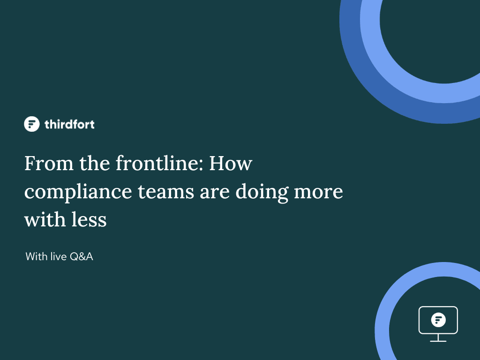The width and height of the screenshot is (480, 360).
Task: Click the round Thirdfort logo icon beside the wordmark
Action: [32, 124]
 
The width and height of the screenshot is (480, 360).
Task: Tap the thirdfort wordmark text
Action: [69, 124]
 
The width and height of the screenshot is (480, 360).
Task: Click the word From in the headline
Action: [49, 163]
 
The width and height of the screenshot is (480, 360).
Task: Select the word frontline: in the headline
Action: [159, 163]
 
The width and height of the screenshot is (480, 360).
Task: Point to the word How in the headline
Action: [231, 163]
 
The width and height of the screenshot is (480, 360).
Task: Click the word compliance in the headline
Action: [78, 192]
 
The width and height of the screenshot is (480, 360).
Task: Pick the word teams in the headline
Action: [166, 192]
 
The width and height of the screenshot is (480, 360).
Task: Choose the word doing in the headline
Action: [262, 192]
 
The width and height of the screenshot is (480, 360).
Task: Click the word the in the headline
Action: [95, 163]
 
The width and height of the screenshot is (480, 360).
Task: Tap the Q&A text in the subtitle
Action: [82, 256]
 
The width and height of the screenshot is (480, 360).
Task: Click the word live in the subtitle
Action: [59, 256]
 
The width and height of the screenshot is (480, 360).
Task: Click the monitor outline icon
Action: [438, 307]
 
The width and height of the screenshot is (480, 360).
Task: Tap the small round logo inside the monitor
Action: [438, 320]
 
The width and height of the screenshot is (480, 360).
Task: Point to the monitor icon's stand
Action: [438, 337]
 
